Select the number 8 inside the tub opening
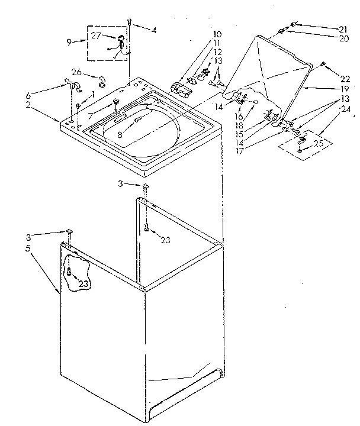pyautogui.click(x=120, y=134)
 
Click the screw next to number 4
pyautogui.click(x=128, y=22)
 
